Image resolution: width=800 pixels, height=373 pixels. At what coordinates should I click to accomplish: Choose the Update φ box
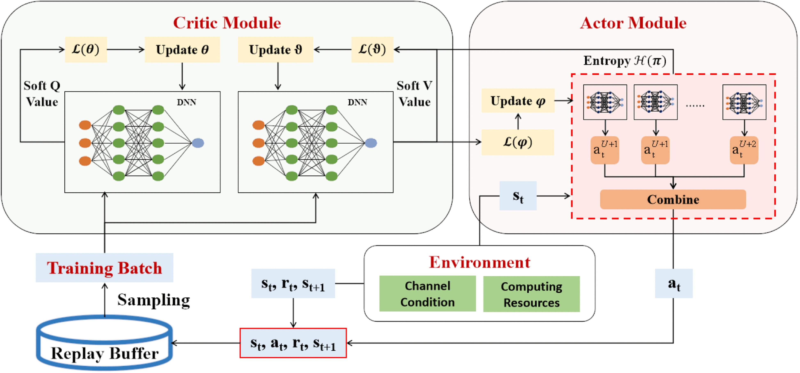[x=518, y=101]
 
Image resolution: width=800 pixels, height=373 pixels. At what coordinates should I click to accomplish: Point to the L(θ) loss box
[x=86, y=50]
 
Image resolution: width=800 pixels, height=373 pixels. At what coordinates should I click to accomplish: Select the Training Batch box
[x=104, y=268]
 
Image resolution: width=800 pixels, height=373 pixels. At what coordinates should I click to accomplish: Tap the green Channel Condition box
[x=427, y=294]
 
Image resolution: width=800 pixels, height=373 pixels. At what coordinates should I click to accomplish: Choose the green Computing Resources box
[x=531, y=294]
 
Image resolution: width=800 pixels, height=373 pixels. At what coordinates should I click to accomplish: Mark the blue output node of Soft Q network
[x=198, y=143]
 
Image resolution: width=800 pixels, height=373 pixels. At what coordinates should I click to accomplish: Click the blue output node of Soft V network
[x=371, y=143]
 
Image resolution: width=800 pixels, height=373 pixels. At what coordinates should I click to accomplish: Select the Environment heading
[x=480, y=262]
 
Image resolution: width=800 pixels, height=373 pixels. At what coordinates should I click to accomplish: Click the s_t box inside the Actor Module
[x=518, y=196]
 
